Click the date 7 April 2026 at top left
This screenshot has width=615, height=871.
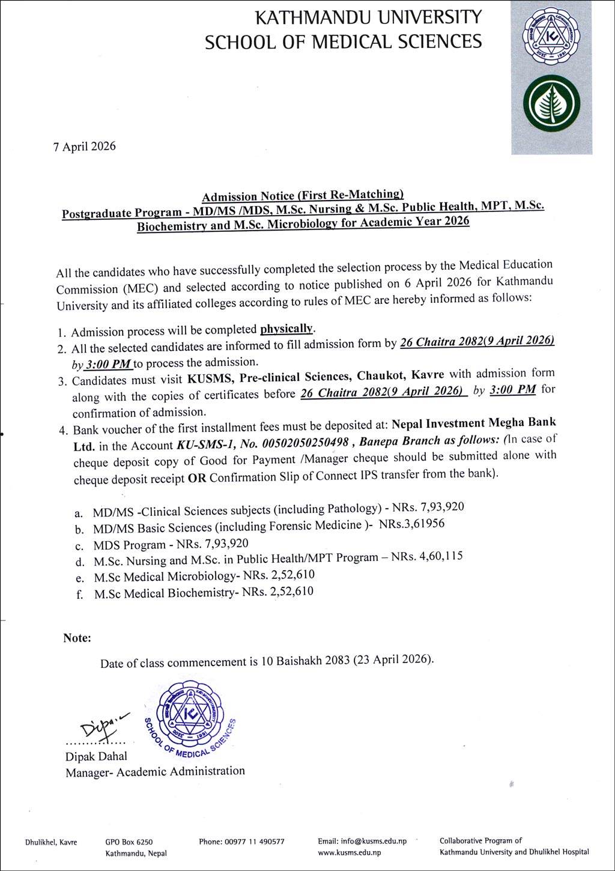point(84,147)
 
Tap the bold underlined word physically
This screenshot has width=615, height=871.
point(287,329)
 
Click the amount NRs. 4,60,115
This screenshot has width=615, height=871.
point(427,557)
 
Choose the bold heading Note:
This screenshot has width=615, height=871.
point(77,638)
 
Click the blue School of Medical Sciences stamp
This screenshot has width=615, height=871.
point(191,718)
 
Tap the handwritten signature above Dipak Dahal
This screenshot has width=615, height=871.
point(100,726)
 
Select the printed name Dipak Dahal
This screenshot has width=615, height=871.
point(96,756)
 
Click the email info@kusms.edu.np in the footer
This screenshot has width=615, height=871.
point(362,842)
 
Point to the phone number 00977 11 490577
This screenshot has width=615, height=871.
point(241,842)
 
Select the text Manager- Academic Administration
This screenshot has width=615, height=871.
point(155,771)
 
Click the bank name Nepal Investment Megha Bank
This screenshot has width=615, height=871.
point(474,423)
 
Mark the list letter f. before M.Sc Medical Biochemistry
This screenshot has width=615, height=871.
point(80,595)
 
